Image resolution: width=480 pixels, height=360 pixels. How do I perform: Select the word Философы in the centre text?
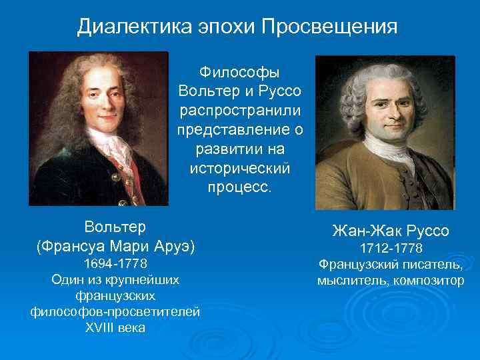(x=240, y=72)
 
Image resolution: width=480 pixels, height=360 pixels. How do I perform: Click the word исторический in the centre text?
(x=240, y=167)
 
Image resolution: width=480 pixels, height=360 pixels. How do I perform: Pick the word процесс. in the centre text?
(x=240, y=186)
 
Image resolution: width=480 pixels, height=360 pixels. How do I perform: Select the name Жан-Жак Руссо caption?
(x=391, y=231)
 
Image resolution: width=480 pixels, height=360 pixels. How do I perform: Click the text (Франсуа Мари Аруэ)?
(x=115, y=246)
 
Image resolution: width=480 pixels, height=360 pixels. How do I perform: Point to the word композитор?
(x=425, y=280)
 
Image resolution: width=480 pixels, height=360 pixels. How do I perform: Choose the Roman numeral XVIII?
(x=100, y=328)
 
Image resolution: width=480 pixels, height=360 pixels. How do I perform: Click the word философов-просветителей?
(x=115, y=312)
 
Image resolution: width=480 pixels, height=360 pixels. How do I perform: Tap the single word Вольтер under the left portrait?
(x=115, y=226)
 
